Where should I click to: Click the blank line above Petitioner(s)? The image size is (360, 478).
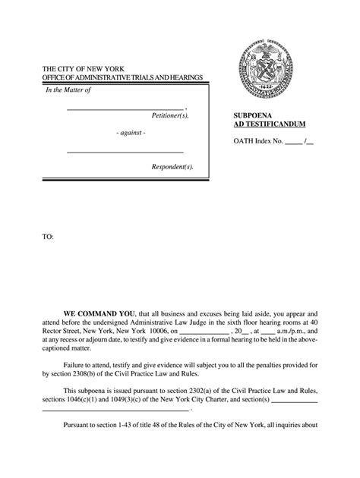pos(125,107)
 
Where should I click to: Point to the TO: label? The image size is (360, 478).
pos(48,237)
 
